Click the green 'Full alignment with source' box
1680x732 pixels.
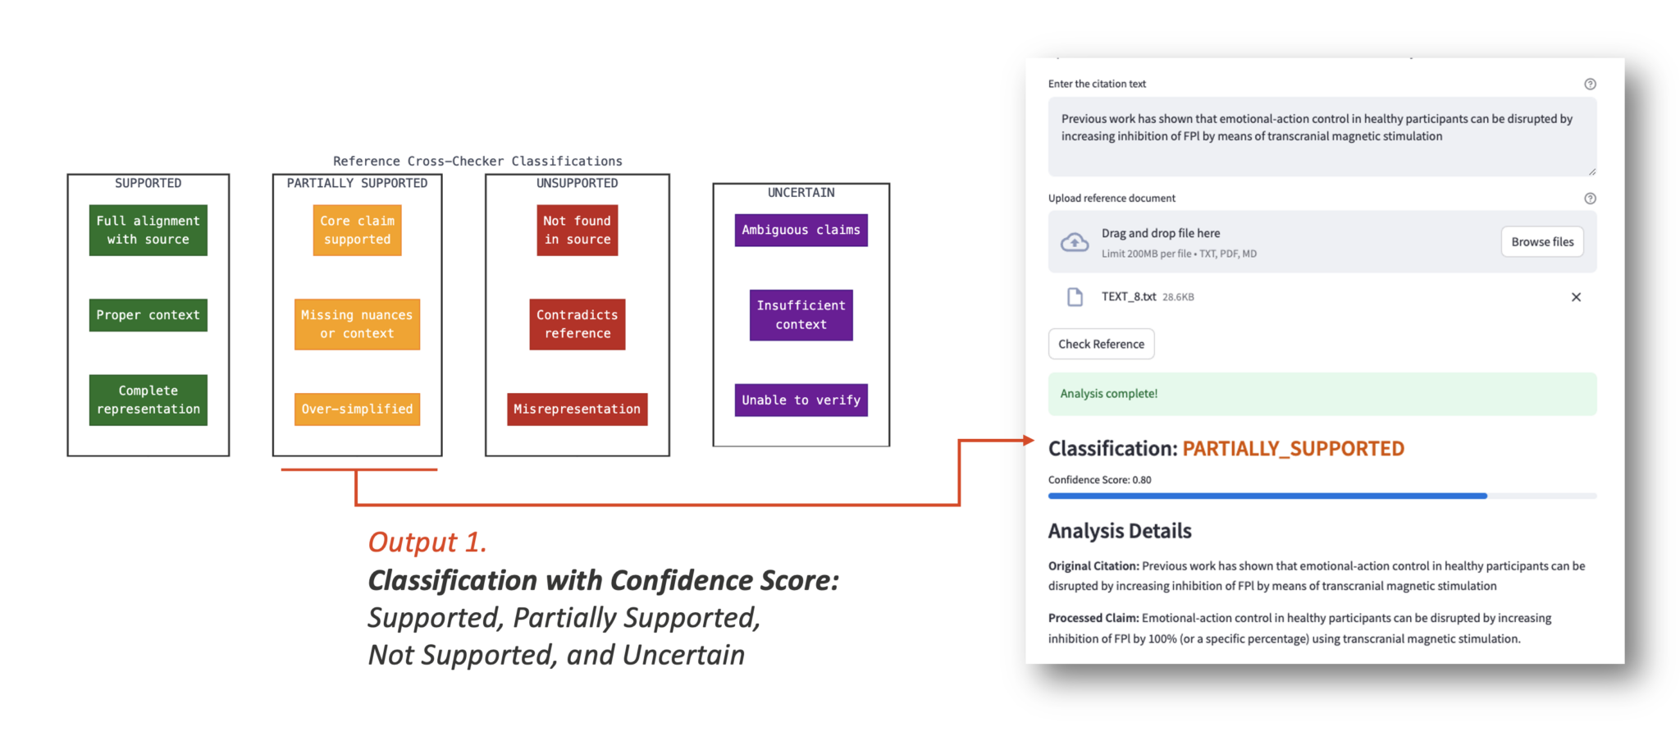tap(148, 231)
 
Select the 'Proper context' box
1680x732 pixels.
tap(148, 315)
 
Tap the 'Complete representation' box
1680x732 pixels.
tap(148, 400)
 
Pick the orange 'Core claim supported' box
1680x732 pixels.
tap(357, 231)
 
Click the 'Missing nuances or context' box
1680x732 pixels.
tap(357, 324)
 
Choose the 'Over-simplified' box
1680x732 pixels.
tap(357, 409)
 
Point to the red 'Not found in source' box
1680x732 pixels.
tap(577, 231)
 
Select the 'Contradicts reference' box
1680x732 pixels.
tap(577, 324)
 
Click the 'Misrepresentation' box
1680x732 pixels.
tap(577, 409)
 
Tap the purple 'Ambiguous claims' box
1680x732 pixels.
tap(801, 231)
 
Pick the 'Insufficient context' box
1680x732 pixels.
tap(801, 315)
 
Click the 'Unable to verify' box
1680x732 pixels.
tap(801, 400)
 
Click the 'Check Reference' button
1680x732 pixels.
tap(1101, 344)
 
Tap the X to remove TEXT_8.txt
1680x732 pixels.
tap(1576, 297)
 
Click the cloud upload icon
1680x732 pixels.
tap(1075, 243)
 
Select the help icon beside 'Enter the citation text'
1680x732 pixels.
tap(1590, 84)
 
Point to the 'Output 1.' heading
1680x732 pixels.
tap(427, 542)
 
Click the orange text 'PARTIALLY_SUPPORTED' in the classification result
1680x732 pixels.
tap(1293, 449)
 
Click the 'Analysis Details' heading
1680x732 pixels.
tap(1120, 531)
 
